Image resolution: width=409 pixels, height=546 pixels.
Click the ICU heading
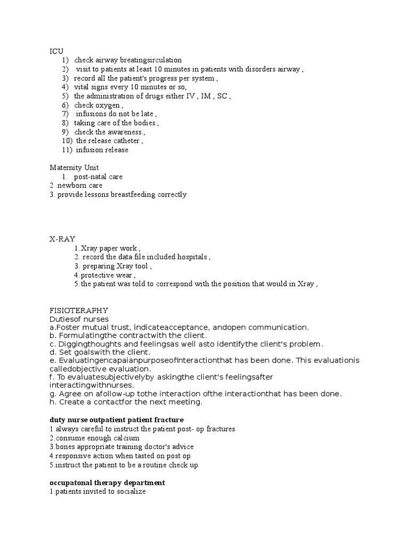pyautogui.click(x=56, y=51)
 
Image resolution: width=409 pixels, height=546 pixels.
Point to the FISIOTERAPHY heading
pyautogui.click(x=79, y=310)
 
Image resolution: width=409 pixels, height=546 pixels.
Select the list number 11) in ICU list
pyautogui.click(x=67, y=150)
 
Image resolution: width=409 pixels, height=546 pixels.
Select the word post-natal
pyautogui.click(x=92, y=176)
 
